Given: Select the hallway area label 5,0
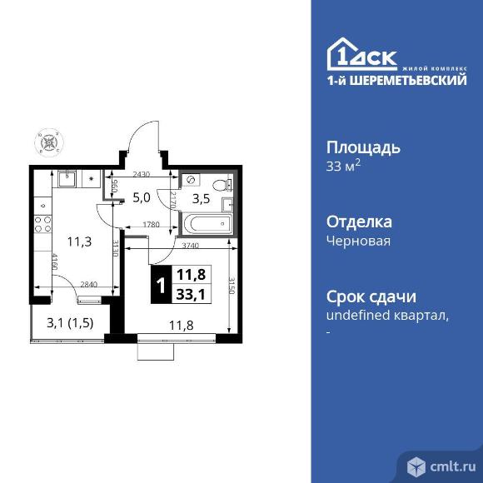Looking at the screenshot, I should point(141,198).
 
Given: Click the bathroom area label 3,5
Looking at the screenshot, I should point(202,199).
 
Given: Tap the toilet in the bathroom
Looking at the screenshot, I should point(221,185).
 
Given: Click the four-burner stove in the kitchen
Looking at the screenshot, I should point(42,223).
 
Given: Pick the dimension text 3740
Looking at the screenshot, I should point(190,246).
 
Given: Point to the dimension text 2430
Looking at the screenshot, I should point(142,175).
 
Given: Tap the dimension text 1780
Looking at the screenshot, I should point(151,224).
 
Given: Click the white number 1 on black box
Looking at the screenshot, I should point(159,286).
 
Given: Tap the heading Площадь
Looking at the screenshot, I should point(363,148).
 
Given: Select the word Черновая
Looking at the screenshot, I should point(358,241).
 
